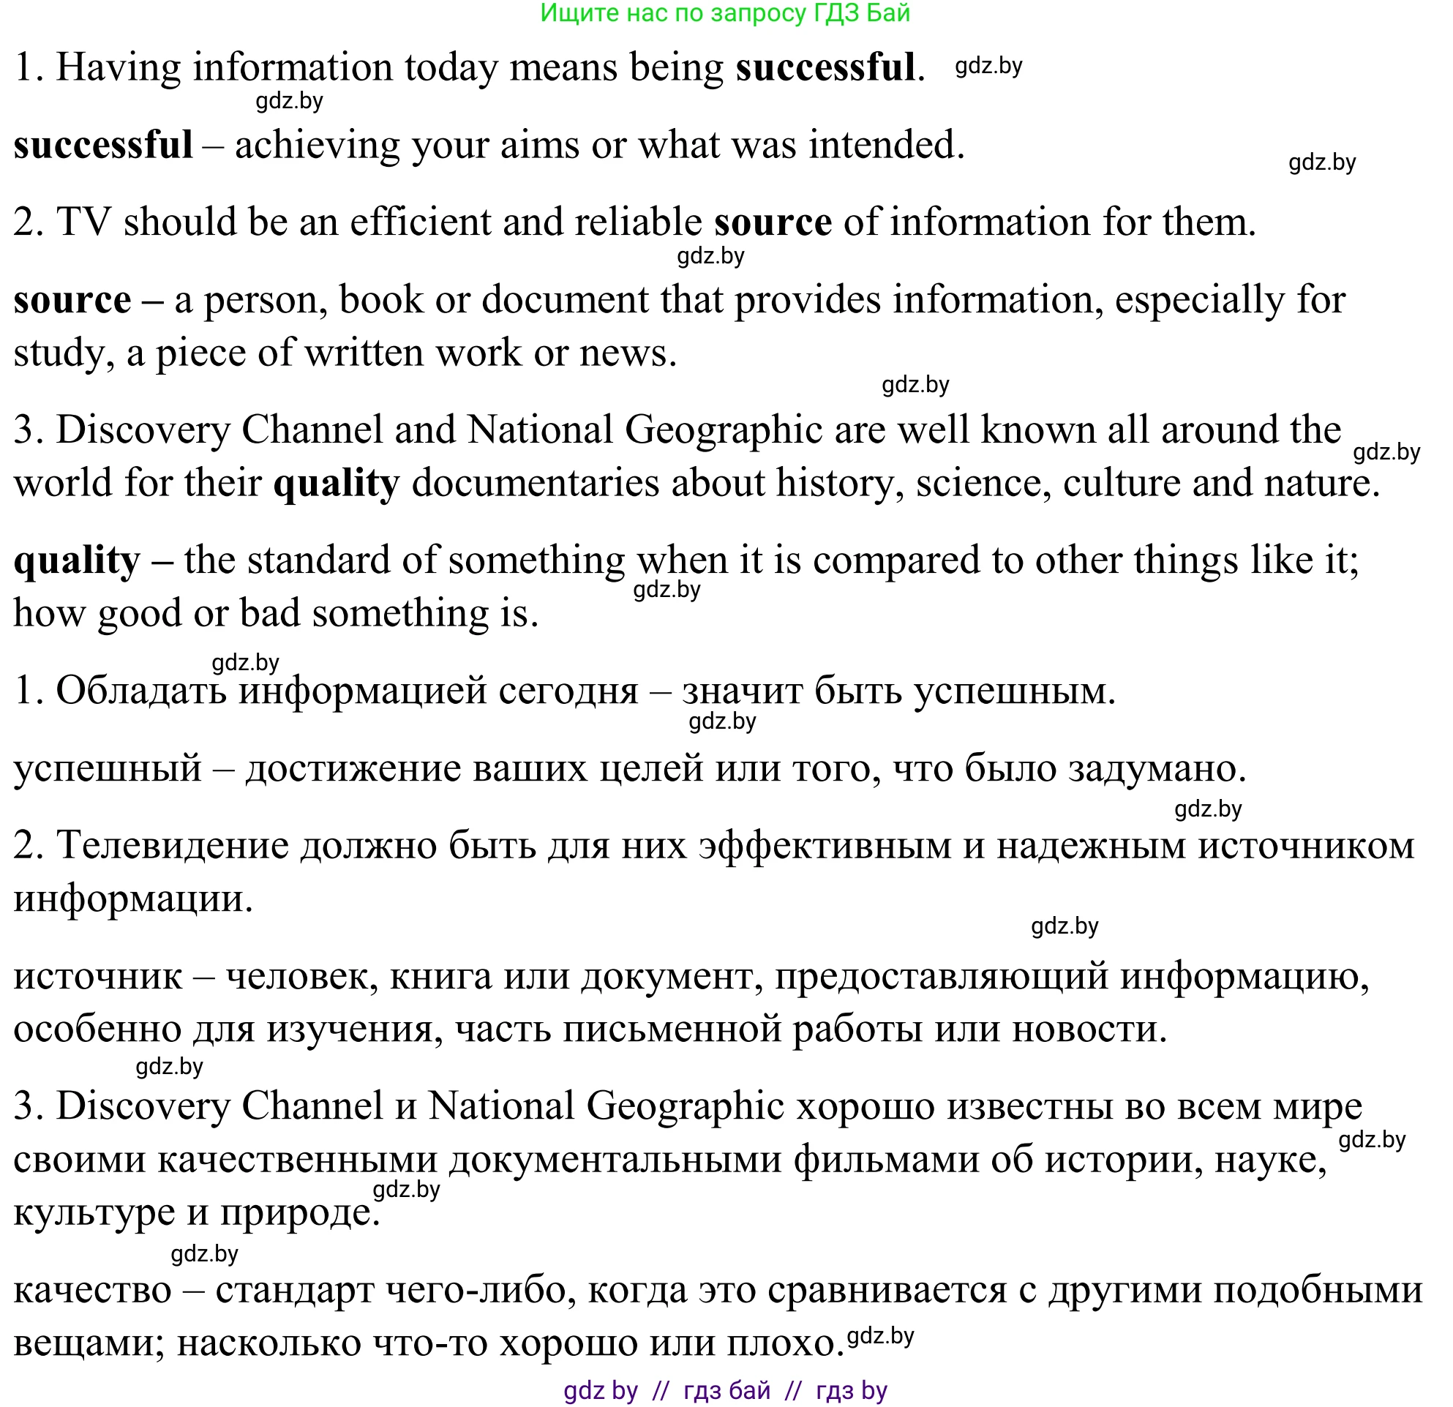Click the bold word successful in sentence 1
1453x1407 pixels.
825,67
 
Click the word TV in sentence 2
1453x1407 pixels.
83,222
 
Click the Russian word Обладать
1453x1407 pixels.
141,690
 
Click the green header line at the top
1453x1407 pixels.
724,13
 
